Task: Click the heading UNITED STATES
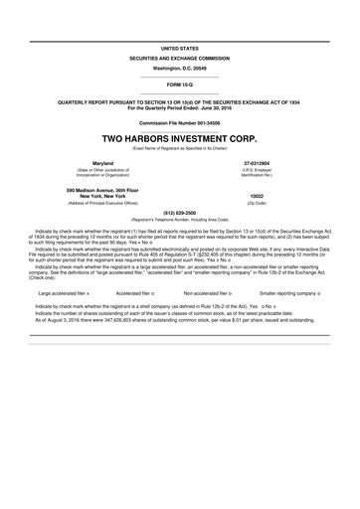(x=180, y=48)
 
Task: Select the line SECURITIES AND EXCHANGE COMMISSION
(x=180, y=59)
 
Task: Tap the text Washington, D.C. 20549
(x=180, y=68)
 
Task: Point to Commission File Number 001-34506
(x=180, y=121)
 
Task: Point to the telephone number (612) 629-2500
(x=180, y=212)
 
